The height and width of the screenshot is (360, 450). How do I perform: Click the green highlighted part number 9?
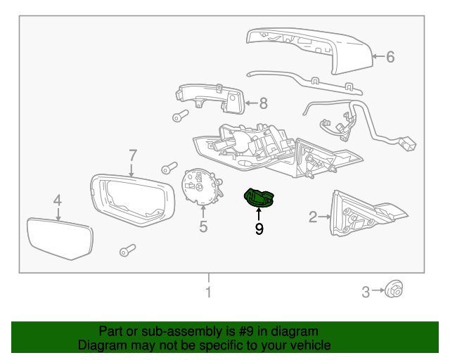[x=259, y=198]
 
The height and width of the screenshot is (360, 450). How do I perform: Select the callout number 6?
[x=390, y=56]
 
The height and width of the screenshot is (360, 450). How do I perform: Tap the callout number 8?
[x=263, y=103]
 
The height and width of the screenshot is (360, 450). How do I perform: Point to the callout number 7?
[x=132, y=155]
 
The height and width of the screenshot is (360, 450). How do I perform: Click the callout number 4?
[x=58, y=200]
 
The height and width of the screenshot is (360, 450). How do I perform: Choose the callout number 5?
[x=203, y=226]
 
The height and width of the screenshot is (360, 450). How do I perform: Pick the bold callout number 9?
[x=259, y=229]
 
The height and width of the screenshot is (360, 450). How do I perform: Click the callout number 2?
[x=313, y=217]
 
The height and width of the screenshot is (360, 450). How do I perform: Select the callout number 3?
[x=366, y=292]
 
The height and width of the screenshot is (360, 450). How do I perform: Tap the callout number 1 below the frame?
[x=209, y=292]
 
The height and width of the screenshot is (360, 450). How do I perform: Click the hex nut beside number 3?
[x=394, y=290]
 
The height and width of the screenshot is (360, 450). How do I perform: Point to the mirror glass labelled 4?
[x=60, y=239]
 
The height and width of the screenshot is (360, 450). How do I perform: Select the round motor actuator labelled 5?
[x=202, y=186]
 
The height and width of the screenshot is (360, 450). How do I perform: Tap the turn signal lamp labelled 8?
[x=210, y=98]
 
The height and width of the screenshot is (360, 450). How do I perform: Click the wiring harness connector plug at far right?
[x=407, y=143]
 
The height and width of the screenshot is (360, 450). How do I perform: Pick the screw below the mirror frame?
[x=127, y=250]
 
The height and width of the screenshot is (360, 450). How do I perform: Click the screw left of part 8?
[x=180, y=116]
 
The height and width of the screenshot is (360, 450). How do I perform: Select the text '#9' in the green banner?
[x=246, y=331]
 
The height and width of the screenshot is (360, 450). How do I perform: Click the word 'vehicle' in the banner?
[x=312, y=345]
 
